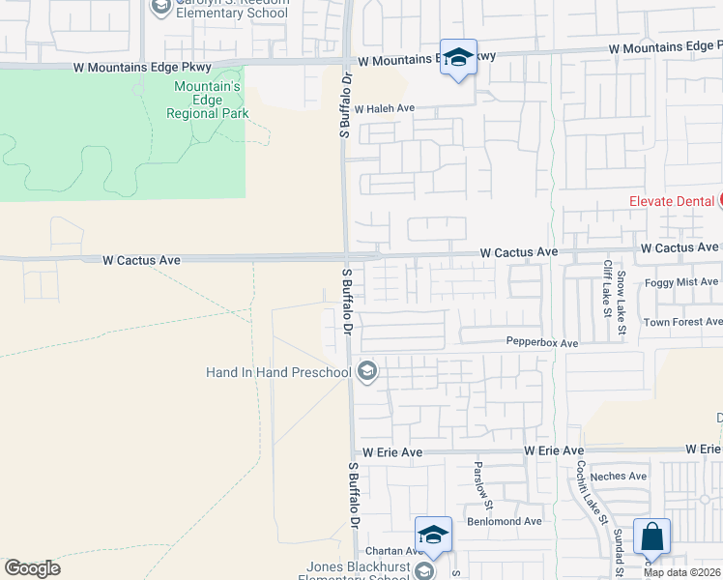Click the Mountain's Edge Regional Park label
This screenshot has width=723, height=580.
pyautogui.click(x=207, y=100)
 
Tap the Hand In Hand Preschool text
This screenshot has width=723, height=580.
pyautogui.click(x=278, y=372)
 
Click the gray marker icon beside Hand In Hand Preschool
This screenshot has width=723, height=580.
pyautogui.click(x=367, y=370)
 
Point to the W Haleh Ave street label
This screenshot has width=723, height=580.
pyautogui.click(x=384, y=109)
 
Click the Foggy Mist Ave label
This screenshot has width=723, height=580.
pyautogui.click(x=682, y=281)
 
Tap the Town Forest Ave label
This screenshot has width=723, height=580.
pyautogui.click(x=682, y=322)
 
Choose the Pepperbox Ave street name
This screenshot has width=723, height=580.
pyautogui.click(x=541, y=342)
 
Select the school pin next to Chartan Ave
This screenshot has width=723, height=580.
pyautogui.click(x=434, y=535)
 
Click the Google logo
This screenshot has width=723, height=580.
pyautogui.click(x=32, y=568)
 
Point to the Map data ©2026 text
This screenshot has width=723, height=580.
pyautogui.click(x=682, y=572)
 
